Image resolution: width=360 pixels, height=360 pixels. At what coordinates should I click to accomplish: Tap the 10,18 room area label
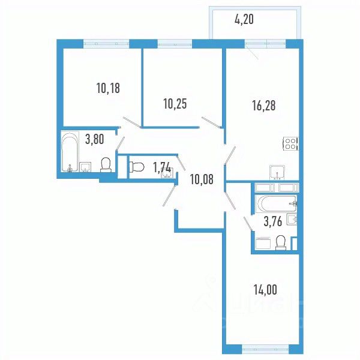tap(107, 89)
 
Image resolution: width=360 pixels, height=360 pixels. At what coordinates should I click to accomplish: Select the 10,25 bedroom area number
tap(175, 103)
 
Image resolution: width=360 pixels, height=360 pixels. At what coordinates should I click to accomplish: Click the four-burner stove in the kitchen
tap(290, 144)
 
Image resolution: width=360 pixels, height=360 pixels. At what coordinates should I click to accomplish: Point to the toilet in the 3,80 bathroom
tap(106, 164)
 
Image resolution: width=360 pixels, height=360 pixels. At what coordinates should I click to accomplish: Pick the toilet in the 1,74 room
tap(136, 167)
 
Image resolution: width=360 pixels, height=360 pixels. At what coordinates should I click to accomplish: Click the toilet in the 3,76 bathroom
tap(280, 241)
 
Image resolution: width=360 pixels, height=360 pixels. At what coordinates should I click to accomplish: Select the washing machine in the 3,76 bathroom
tap(263, 244)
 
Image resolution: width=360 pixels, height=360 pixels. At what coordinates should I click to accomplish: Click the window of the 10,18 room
tap(106, 43)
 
